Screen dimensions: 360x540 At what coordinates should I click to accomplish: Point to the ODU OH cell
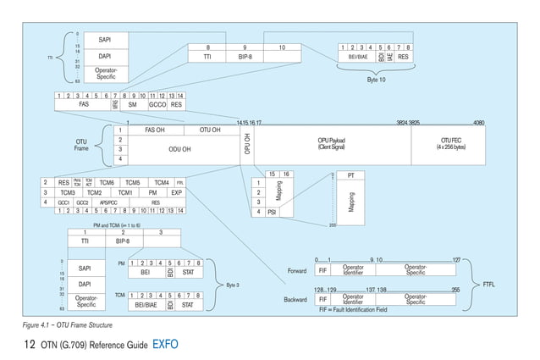[180, 148]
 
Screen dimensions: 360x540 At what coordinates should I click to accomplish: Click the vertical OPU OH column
[247, 144]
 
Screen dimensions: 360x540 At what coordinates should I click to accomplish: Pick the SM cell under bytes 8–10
[132, 105]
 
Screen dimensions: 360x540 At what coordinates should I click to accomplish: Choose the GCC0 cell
[157, 105]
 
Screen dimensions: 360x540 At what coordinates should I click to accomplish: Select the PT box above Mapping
[350, 175]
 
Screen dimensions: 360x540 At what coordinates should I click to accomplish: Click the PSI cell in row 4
[273, 212]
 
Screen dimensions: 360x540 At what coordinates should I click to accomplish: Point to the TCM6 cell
[106, 183]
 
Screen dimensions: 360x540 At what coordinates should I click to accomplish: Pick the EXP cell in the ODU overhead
[176, 193]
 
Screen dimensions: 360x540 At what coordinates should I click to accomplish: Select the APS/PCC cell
[108, 203]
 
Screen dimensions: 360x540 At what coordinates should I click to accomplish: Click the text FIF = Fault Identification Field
[355, 311]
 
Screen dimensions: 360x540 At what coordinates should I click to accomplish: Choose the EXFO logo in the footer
[164, 345]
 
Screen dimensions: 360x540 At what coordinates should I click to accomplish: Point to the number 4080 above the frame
[478, 122]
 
